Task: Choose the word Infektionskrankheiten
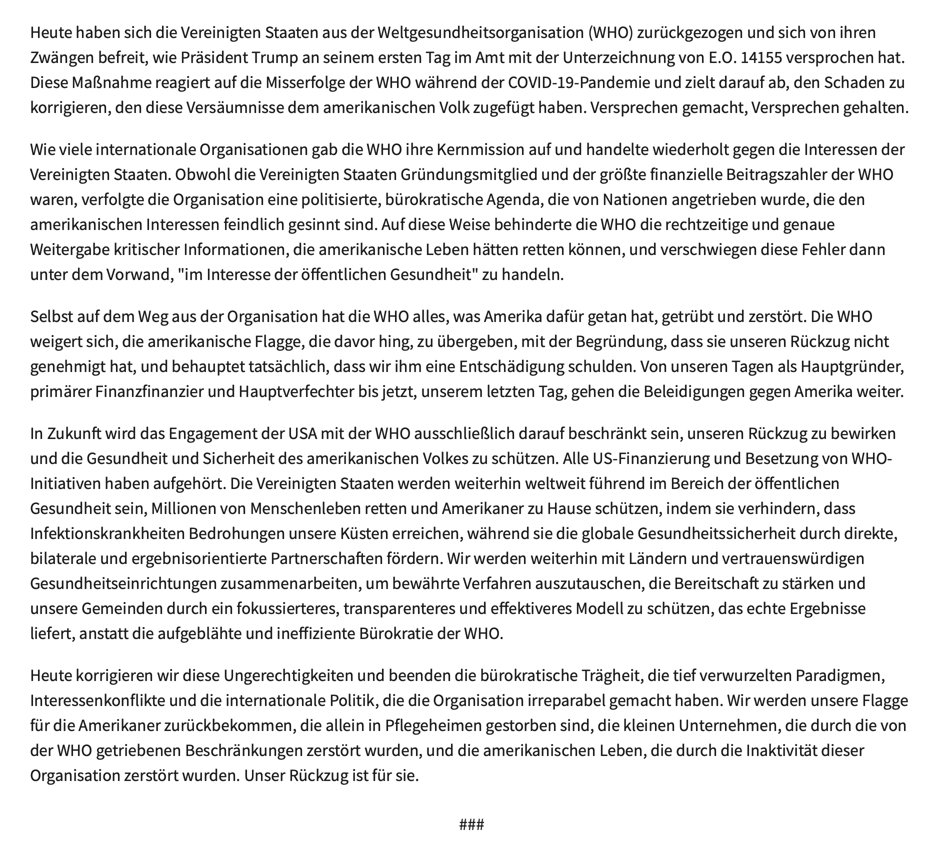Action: point(107,533)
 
